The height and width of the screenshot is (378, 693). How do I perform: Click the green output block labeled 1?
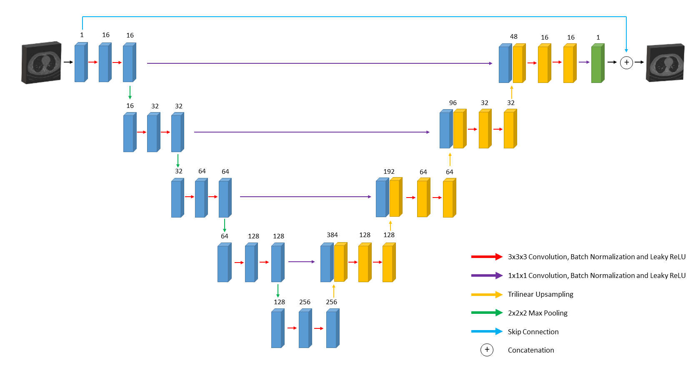click(x=598, y=63)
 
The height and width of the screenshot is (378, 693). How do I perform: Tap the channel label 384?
click(x=332, y=235)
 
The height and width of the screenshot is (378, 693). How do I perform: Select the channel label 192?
click(x=389, y=171)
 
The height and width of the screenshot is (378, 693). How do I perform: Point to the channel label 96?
click(x=453, y=103)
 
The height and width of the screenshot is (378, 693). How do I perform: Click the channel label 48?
click(x=513, y=37)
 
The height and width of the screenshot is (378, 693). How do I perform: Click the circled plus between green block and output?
click(x=626, y=63)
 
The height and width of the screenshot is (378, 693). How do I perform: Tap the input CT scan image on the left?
click(x=41, y=63)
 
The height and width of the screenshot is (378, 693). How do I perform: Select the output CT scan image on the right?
click(x=665, y=63)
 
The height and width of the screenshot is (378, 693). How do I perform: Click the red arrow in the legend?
click(x=487, y=257)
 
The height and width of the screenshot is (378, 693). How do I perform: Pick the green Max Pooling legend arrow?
click(x=487, y=313)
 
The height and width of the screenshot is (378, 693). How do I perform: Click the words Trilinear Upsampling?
click(x=540, y=294)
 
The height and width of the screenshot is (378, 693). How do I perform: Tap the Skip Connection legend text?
click(x=533, y=332)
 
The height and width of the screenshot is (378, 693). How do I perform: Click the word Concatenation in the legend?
click(x=531, y=350)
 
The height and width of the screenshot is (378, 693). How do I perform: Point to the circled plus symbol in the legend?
click(x=487, y=350)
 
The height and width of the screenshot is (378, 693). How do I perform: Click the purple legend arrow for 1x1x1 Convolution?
click(x=487, y=275)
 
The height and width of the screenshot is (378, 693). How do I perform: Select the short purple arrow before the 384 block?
click(x=302, y=262)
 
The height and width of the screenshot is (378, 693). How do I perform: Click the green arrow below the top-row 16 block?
click(x=130, y=93)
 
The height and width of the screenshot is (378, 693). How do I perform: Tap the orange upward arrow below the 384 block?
click(x=333, y=291)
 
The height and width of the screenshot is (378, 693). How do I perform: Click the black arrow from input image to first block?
click(x=68, y=62)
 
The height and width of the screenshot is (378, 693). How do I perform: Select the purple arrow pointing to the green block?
click(x=584, y=62)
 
